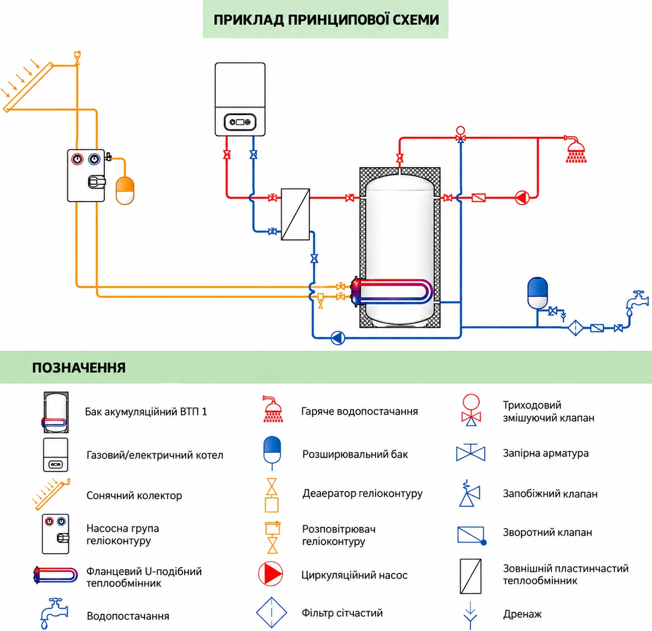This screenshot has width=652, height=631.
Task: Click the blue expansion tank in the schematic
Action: pyautogui.click(x=537, y=293)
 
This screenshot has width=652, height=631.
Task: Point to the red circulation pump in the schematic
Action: pyautogui.click(x=522, y=198)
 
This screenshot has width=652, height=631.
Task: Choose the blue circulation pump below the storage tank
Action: pyautogui.click(x=338, y=338)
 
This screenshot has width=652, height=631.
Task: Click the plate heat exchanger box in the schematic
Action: pyautogui.click(x=295, y=214)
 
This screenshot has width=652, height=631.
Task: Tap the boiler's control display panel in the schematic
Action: pyautogui.click(x=240, y=122)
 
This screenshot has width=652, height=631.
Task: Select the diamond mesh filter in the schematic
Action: pyautogui.click(x=576, y=328)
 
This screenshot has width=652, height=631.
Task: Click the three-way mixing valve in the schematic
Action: pyautogui.click(x=461, y=135)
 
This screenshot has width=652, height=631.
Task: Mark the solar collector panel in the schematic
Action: pyautogui.click(x=28, y=87)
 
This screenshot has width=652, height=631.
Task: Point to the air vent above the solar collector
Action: pyautogui.click(x=77, y=58)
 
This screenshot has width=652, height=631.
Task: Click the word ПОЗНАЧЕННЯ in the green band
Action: pyautogui.click(x=79, y=368)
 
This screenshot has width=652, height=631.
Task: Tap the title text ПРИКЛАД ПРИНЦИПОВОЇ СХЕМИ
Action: pyautogui.click(x=326, y=20)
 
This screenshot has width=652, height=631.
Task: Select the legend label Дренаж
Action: pyautogui.click(x=522, y=614)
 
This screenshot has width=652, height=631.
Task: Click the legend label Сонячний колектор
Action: pyautogui.click(x=134, y=495)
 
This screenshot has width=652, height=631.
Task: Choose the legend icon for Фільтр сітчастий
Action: pyautogui.click(x=271, y=612)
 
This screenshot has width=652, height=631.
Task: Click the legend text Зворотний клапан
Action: pyautogui.click(x=547, y=532)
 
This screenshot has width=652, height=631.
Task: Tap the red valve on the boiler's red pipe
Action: pyautogui.click(x=227, y=155)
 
